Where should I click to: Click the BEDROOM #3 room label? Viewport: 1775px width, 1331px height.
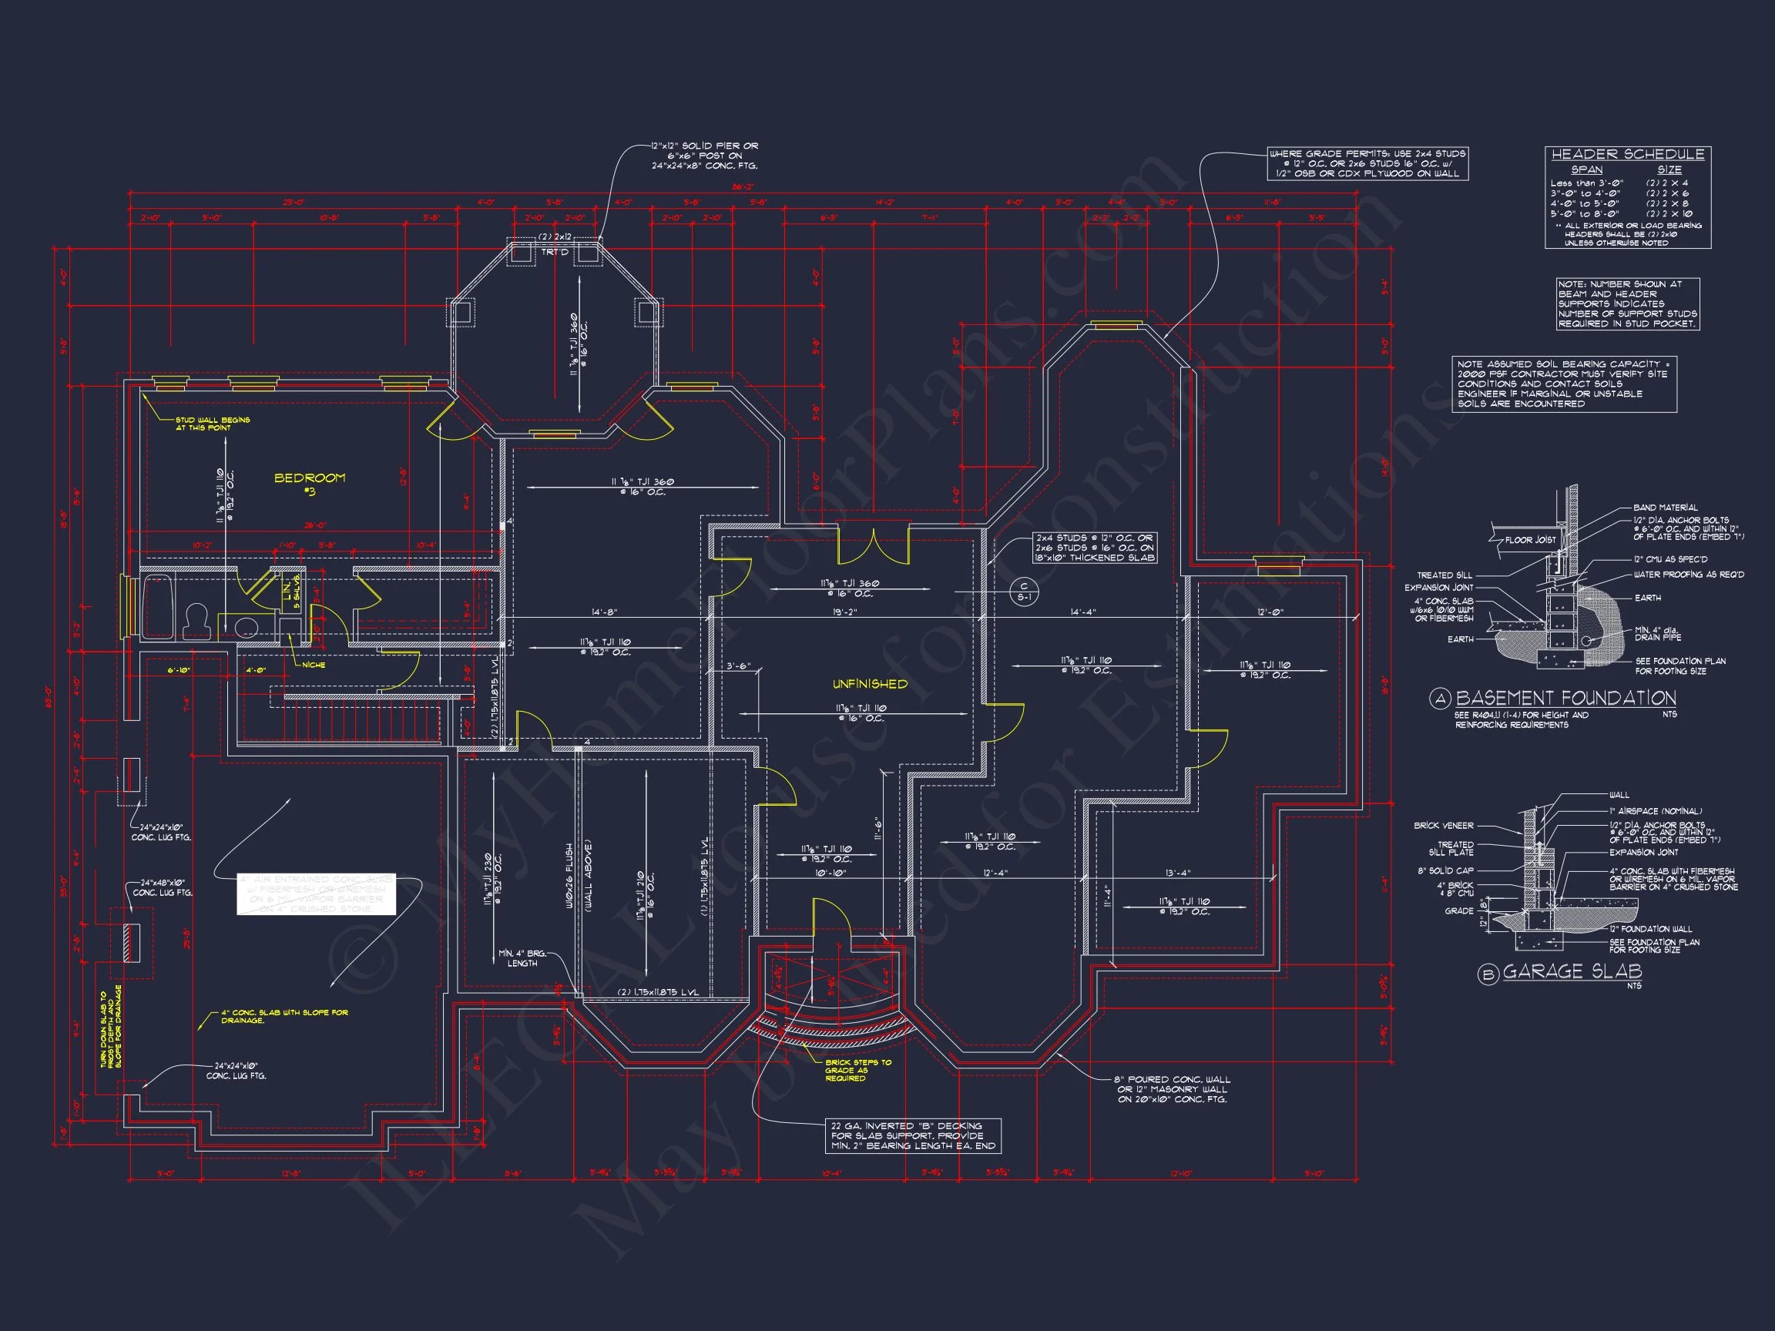pos(310,483)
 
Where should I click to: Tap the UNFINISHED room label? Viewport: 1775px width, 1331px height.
pos(870,684)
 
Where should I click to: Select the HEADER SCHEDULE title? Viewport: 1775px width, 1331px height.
pos(1627,154)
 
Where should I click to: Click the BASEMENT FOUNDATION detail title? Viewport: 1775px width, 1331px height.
pos(1565,698)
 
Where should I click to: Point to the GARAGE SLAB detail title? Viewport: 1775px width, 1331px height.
pos(1572,971)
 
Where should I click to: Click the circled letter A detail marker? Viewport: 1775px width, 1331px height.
pos(1441,699)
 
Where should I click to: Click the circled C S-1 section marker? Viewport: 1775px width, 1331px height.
pos(1024,592)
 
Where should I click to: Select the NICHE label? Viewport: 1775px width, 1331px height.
pos(314,664)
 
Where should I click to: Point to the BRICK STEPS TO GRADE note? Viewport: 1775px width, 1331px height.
pos(857,1069)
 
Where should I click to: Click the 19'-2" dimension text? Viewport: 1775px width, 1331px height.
pos(844,612)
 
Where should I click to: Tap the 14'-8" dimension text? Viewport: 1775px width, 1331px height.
pos(604,612)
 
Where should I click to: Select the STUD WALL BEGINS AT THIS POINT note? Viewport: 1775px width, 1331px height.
pos(213,424)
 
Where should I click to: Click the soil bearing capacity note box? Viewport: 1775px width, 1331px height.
pos(1564,384)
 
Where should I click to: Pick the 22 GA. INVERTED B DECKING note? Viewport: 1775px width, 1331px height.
pos(913,1135)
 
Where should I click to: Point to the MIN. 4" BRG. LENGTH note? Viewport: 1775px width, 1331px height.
pos(522,958)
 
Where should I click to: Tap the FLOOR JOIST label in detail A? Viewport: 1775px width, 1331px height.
pos(1530,540)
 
